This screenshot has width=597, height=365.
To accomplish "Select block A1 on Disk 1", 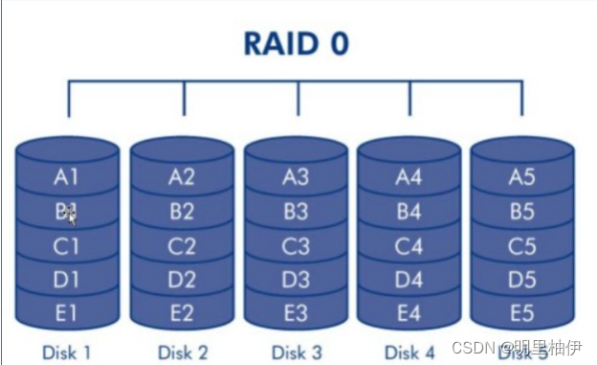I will (x=67, y=176).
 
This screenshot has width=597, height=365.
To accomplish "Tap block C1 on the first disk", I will (x=67, y=246).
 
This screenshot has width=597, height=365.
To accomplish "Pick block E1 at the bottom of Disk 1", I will (x=67, y=314).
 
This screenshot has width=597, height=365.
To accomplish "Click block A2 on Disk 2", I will (x=182, y=176).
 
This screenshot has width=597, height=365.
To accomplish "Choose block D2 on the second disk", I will (x=182, y=281).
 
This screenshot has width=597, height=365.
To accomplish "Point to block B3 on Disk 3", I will (x=296, y=212).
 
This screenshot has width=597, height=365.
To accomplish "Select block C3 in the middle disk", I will (x=296, y=246).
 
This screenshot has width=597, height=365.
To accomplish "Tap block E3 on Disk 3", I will (x=296, y=314).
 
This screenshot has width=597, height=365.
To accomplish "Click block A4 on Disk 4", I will (x=409, y=176).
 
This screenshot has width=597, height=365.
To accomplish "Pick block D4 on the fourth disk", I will (x=409, y=281).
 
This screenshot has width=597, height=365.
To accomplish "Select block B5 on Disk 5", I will (x=521, y=212).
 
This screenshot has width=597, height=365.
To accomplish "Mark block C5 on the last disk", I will (x=521, y=246).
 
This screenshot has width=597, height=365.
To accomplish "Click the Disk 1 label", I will (x=67, y=352).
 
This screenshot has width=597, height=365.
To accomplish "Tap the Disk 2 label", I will (x=182, y=352).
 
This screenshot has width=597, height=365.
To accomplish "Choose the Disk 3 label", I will (x=296, y=352).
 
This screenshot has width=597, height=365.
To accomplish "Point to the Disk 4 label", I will (x=409, y=352).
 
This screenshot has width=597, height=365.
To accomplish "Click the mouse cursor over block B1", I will (x=72, y=217).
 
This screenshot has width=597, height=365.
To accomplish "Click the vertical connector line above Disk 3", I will (x=297, y=100).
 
